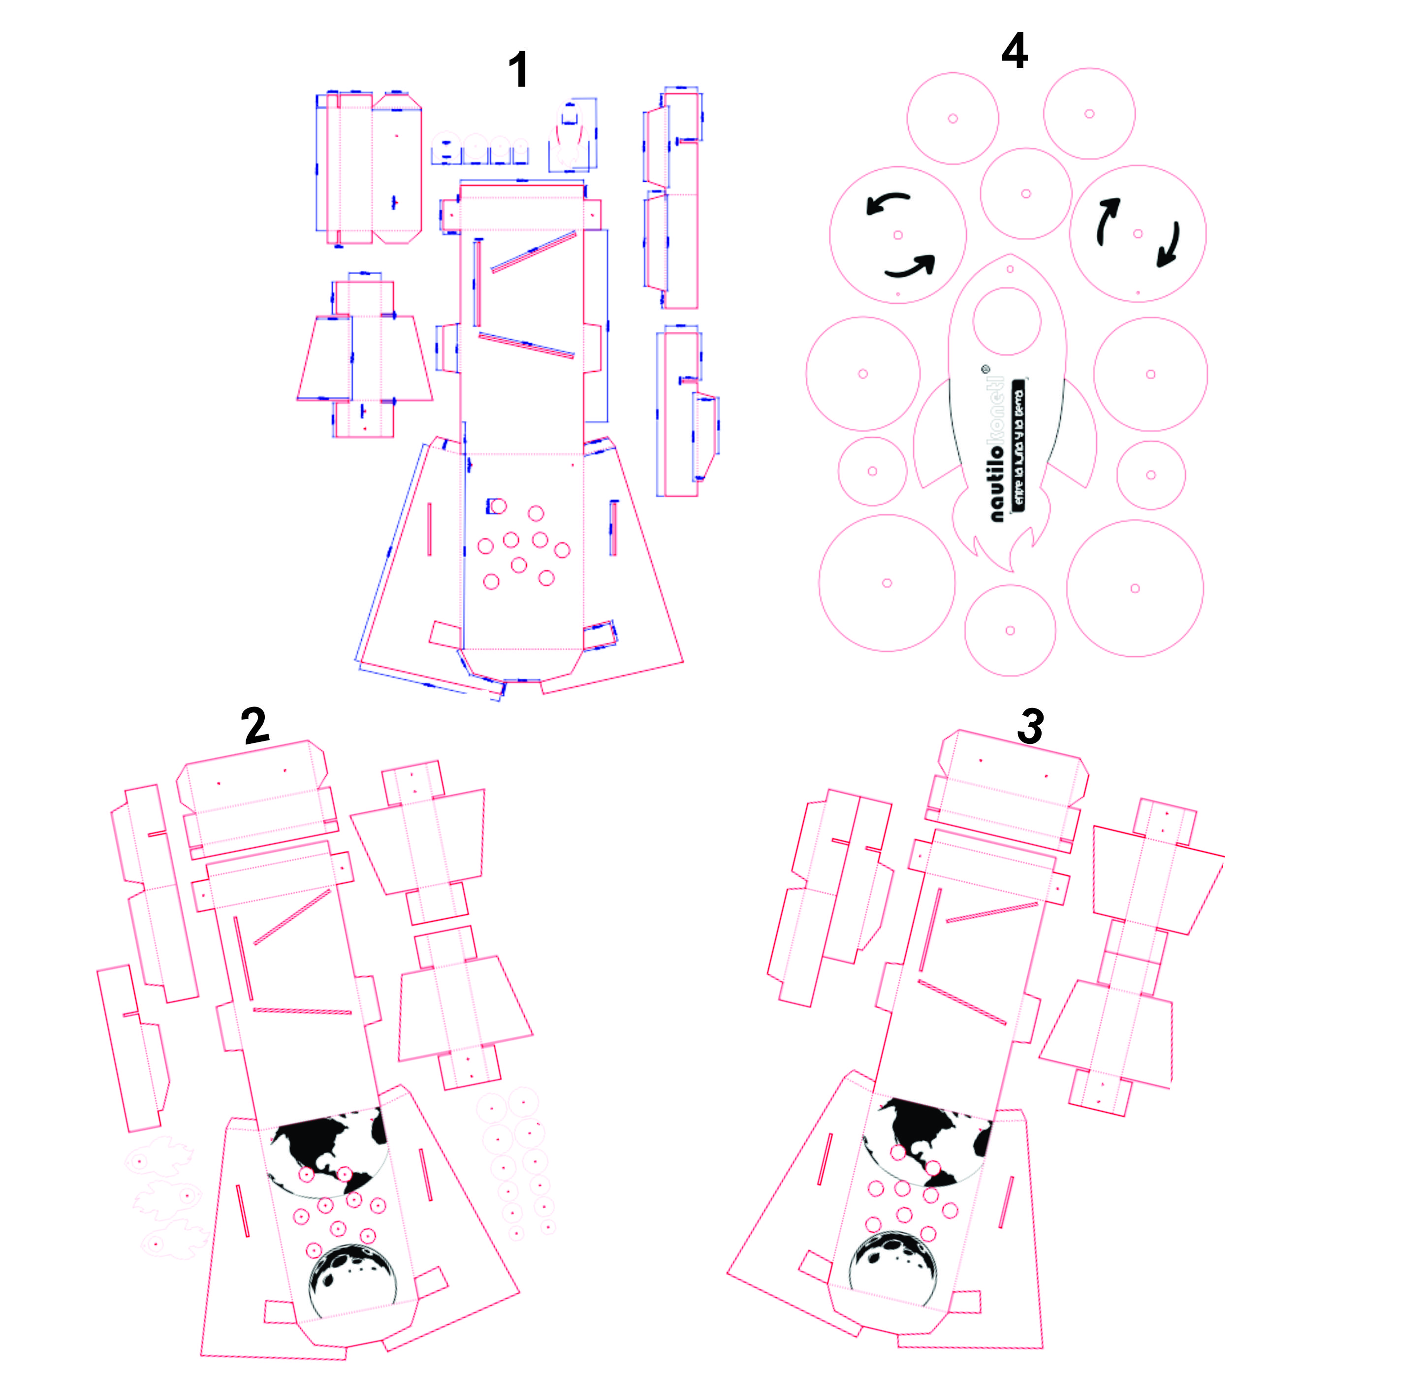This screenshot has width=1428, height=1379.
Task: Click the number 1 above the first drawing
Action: tap(518, 71)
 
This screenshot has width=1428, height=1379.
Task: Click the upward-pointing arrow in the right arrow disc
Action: tap(1108, 220)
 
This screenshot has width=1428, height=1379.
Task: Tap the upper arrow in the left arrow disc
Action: tap(888, 203)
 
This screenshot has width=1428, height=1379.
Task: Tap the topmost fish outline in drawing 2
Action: tap(159, 1159)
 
